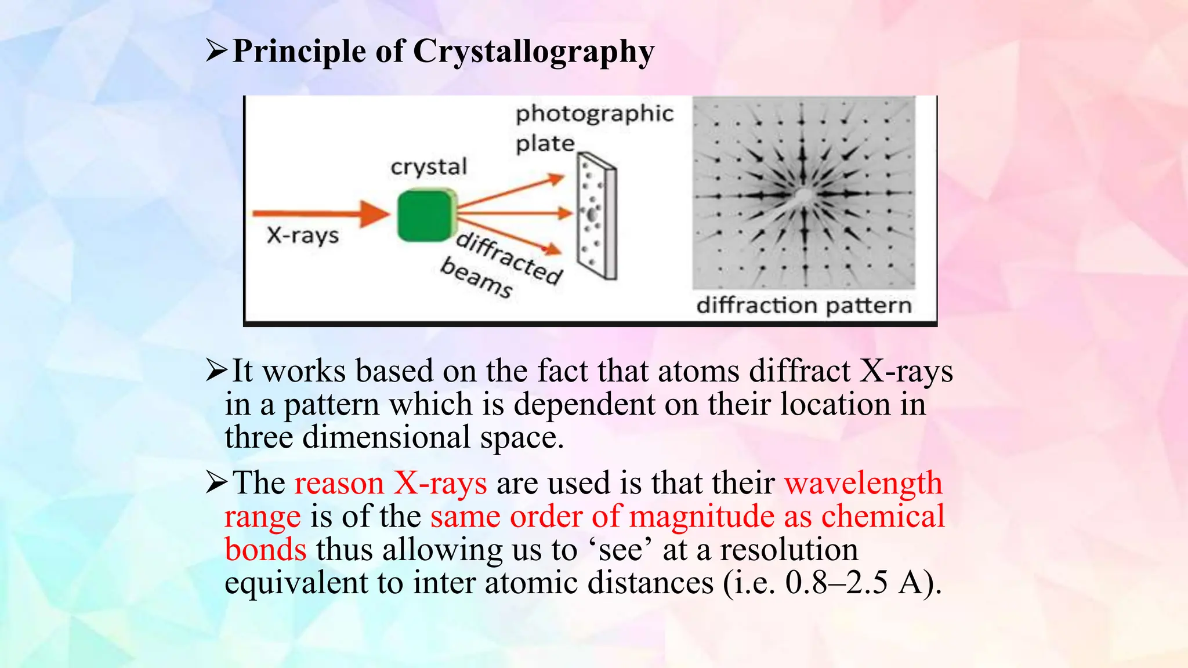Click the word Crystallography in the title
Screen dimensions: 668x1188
pyautogui.click(x=534, y=52)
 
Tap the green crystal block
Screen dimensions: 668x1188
pyautogui.click(x=426, y=216)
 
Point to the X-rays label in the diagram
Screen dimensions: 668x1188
pyautogui.click(x=303, y=235)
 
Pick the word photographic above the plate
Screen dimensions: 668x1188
pyautogui.click(x=595, y=114)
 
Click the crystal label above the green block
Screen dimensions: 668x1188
pyautogui.click(x=429, y=167)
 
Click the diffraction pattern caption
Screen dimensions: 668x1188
pyautogui.click(x=804, y=305)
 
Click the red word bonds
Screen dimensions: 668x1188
pyautogui.click(x=266, y=550)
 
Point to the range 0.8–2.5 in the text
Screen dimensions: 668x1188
pyautogui.click(x=836, y=583)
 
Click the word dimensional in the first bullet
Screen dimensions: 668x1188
pyautogui.click(x=386, y=437)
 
